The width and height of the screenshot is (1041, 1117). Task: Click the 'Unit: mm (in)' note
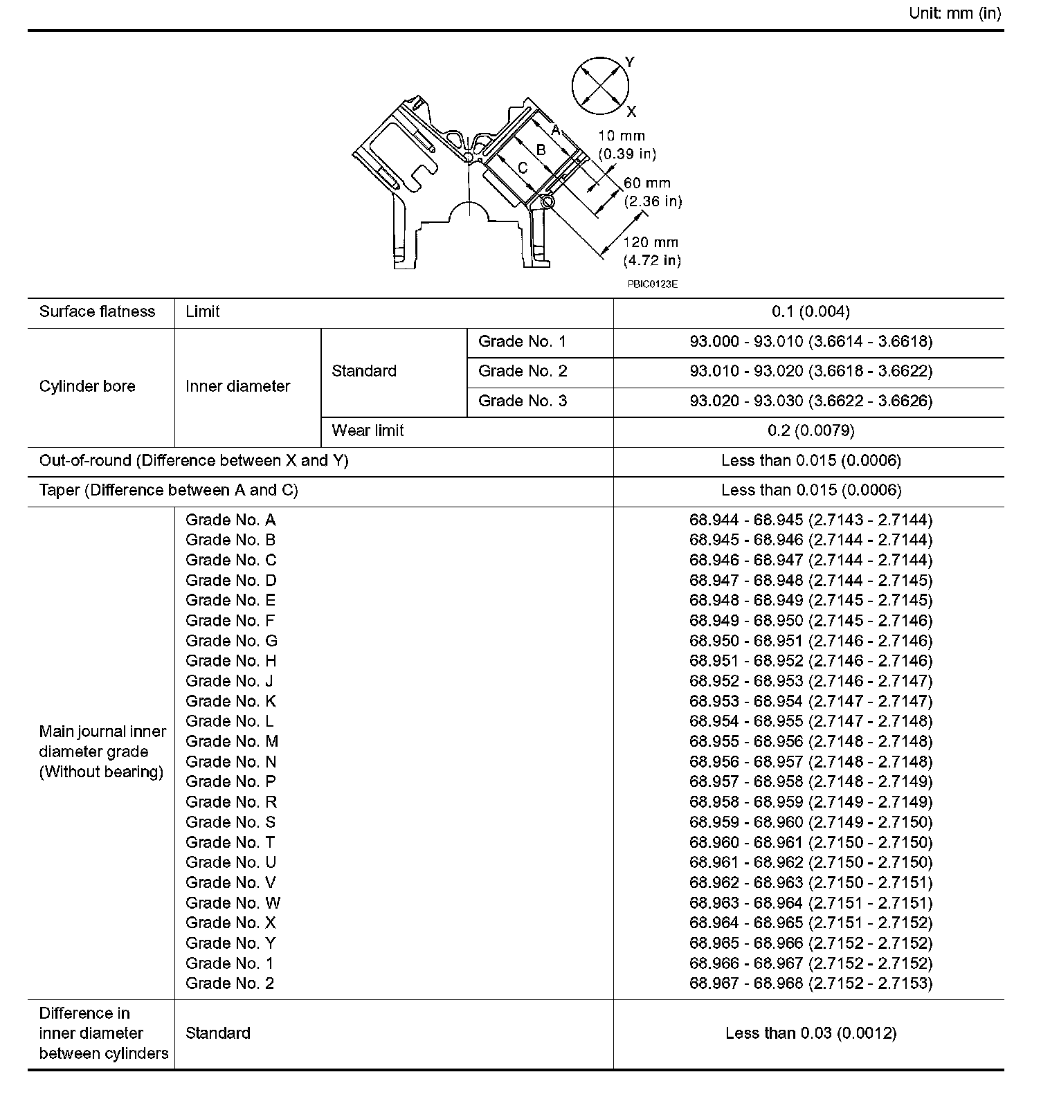point(954,14)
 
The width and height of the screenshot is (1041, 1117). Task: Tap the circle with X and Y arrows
point(600,87)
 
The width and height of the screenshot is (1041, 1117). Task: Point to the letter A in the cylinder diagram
point(555,129)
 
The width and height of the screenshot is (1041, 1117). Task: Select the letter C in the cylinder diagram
point(523,167)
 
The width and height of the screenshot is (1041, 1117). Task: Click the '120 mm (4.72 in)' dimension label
point(651,251)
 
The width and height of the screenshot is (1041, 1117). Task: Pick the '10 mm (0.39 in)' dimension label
point(626,145)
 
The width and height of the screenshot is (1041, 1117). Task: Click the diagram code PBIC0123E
point(652,284)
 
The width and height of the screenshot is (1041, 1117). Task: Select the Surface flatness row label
point(97,311)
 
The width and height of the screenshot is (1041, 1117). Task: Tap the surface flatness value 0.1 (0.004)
point(810,311)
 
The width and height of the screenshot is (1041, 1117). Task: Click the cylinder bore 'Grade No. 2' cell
point(523,371)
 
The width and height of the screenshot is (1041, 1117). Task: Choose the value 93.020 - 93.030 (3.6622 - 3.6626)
point(811,401)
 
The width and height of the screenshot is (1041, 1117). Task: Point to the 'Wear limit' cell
point(368,430)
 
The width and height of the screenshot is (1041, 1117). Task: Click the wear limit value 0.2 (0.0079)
point(811,430)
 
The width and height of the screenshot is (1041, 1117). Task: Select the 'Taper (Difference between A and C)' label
point(168,490)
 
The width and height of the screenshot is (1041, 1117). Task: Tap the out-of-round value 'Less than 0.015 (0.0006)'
point(811,460)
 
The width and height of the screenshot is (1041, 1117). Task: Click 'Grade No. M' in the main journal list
point(232,741)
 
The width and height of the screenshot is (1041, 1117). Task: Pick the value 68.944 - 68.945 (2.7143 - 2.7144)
point(811,520)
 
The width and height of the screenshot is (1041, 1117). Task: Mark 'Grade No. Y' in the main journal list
point(230,943)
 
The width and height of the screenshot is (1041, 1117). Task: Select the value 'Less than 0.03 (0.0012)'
point(811,1033)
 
